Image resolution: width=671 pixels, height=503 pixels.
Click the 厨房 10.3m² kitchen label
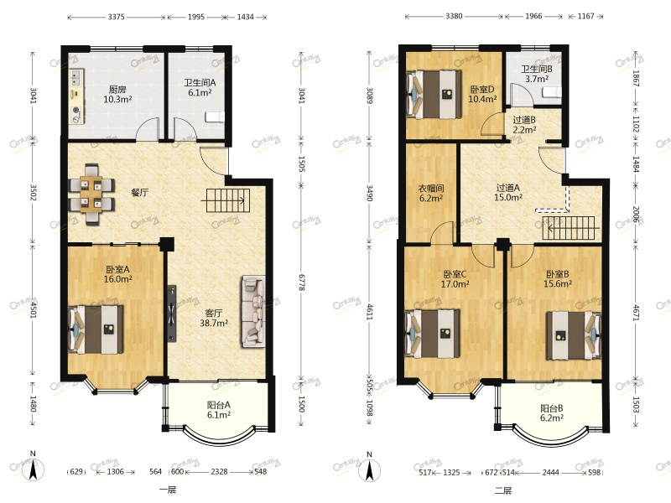pyautogui.click(x=117, y=95)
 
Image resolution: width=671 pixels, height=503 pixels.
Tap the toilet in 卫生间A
pyautogui.click(x=215, y=117)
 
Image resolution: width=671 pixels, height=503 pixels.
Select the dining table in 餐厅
pyautogui.click(x=91, y=194)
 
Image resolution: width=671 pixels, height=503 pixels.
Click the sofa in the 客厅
pyautogui.click(x=253, y=311)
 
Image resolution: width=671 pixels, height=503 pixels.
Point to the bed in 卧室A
pyautogui.click(x=96, y=329)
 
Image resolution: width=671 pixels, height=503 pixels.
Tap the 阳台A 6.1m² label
pyautogui.click(x=219, y=409)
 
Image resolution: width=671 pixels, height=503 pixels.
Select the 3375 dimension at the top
pyautogui.click(x=116, y=17)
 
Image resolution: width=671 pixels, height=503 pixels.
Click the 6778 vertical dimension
pyautogui.click(x=301, y=283)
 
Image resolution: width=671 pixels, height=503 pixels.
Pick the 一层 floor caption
pyautogui.click(x=168, y=490)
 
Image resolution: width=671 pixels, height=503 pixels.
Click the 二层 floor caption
pyautogui.click(x=503, y=490)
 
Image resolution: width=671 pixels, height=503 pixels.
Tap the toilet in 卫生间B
pyautogui.click(x=552, y=92)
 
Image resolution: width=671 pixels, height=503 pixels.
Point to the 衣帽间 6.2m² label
pyautogui.click(x=430, y=193)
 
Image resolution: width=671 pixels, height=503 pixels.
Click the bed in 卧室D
pyautogui.click(x=434, y=95)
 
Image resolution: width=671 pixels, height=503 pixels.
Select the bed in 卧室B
pyautogui.click(x=574, y=335)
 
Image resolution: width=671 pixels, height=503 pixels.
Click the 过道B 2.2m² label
pyautogui.click(x=524, y=124)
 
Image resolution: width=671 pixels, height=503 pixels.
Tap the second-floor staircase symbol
pyautogui.click(x=569, y=228)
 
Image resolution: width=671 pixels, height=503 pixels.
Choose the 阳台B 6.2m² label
pyautogui.click(x=552, y=412)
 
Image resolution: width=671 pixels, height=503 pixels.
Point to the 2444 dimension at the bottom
pyautogui.click(x=551, y=472)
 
